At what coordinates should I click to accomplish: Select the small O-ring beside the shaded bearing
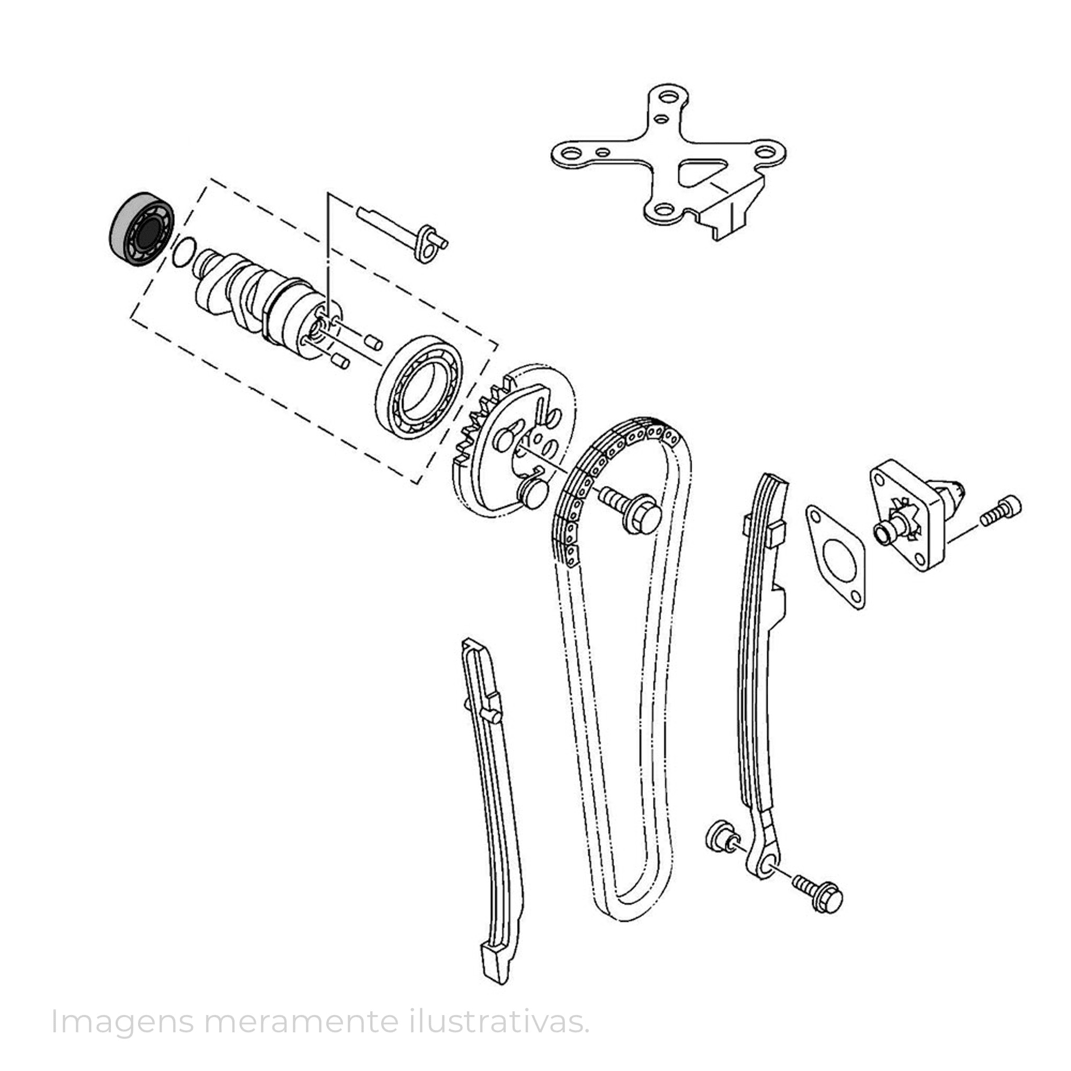(184, 252)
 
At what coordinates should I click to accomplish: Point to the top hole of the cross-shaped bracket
(669, 98)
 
